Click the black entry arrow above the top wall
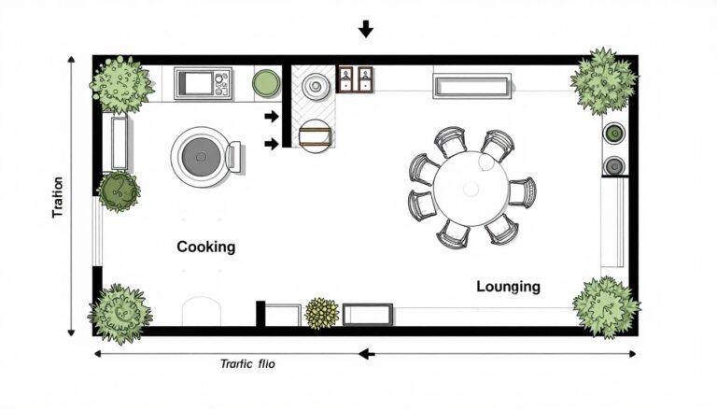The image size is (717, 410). coord(365,29)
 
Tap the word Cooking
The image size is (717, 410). coord(205,247)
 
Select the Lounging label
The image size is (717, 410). coord(508,287)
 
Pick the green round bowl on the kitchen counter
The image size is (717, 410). coord(266,82)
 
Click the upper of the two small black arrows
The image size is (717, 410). coord(272,117)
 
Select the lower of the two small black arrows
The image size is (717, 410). coord(272,143)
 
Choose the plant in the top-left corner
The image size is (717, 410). coord(119,81)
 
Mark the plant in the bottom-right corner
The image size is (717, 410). coord(606,305)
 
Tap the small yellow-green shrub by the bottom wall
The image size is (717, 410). coord(321,312)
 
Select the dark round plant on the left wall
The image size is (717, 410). coord(119,191)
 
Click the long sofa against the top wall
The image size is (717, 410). coord(471,86)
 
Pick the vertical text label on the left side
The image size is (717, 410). coord(59,197)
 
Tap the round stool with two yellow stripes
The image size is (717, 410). coord(315,135)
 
